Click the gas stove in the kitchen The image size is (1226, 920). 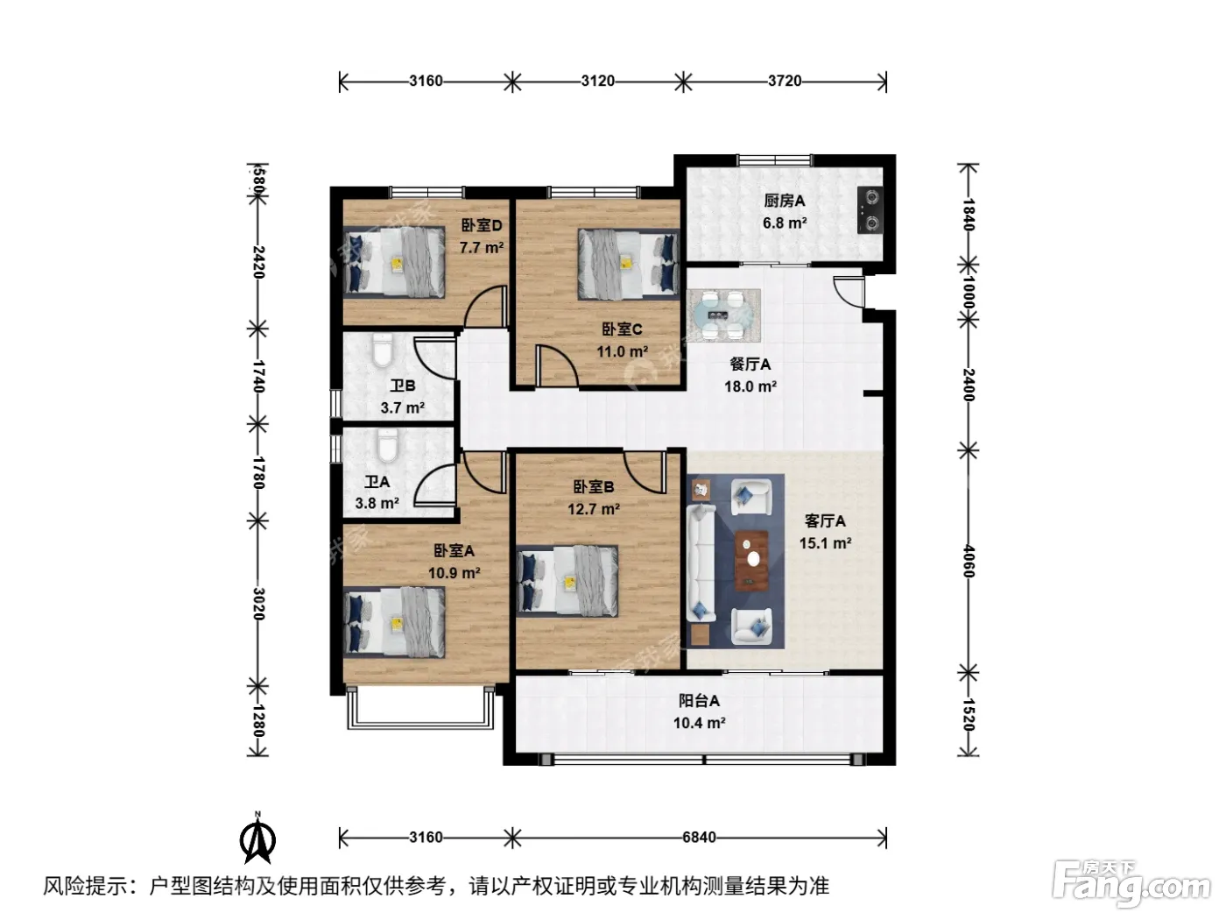click(870, 210)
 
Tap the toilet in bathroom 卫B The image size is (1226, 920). click(382, 350)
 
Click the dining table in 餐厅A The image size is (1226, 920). click(723, 315)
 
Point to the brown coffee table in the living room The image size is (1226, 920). click(751, 560)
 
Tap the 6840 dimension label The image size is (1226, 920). click(699, 838)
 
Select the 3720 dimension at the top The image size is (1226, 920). click(784, 81)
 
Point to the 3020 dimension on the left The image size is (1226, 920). click(257, 604)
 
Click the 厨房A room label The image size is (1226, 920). click(784, 201)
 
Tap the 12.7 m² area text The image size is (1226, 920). click(593, 509)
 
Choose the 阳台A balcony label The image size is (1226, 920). click(699, 700)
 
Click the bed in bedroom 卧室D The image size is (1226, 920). click(394, 263)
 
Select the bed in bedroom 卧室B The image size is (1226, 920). click(567, 581)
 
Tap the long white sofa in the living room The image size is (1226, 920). click(701, 563)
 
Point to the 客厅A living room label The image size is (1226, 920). click(824, 521)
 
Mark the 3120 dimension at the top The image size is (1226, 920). click(597, 81)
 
